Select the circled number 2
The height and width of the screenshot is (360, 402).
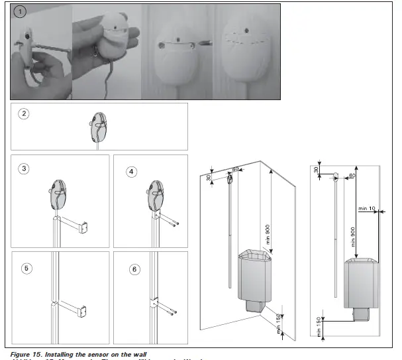25,113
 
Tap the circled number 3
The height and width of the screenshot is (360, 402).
24,168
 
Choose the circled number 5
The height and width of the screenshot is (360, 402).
26,269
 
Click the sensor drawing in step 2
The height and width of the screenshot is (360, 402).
97,126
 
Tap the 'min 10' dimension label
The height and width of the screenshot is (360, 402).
367,209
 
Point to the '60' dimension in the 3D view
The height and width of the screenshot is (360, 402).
235,169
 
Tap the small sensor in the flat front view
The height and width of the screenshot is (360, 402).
336,176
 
